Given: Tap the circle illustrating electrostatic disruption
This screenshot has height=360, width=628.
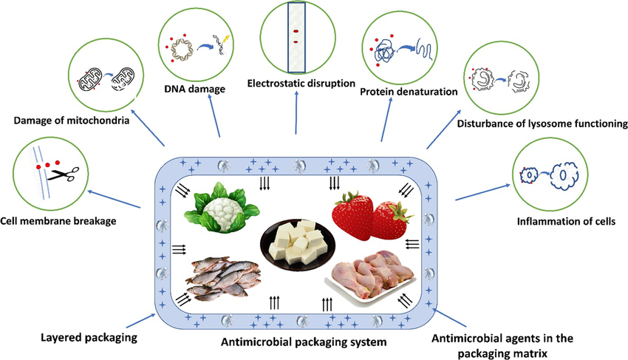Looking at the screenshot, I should coord(295,38).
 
